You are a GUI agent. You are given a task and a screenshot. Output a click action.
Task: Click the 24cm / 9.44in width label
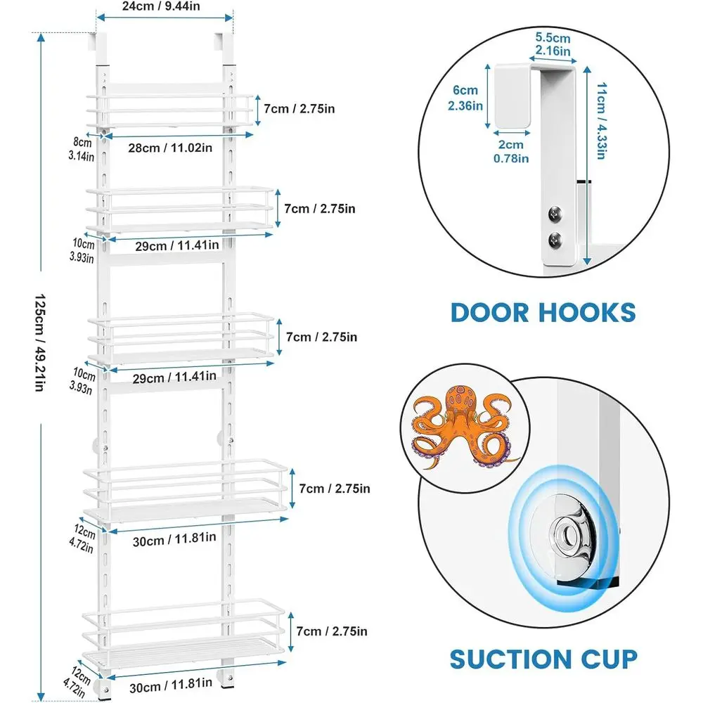161,6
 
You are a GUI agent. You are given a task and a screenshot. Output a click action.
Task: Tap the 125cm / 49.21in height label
40,343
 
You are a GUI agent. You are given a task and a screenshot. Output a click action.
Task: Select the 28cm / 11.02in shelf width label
170,148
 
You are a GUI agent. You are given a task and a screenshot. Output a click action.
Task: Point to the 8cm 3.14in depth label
82,149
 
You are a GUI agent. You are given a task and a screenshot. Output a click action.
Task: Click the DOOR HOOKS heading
543,313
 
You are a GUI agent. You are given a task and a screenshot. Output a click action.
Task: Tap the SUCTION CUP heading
543,659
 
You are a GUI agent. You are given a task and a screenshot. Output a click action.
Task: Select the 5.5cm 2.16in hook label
553,44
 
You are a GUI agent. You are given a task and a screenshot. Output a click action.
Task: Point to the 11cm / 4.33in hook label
601,121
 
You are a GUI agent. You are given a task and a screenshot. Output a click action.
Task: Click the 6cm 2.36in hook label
465,98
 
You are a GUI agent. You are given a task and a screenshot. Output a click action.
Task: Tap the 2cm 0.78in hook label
511,152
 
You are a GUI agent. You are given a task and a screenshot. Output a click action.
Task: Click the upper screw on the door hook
555,214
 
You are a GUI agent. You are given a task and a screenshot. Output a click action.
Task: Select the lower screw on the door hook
555,240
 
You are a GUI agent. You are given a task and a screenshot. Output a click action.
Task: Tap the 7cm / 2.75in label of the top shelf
299,109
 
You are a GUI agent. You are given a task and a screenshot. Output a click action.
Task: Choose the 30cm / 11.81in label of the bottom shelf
171,685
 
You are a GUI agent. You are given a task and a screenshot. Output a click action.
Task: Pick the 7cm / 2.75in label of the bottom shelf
332,631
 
